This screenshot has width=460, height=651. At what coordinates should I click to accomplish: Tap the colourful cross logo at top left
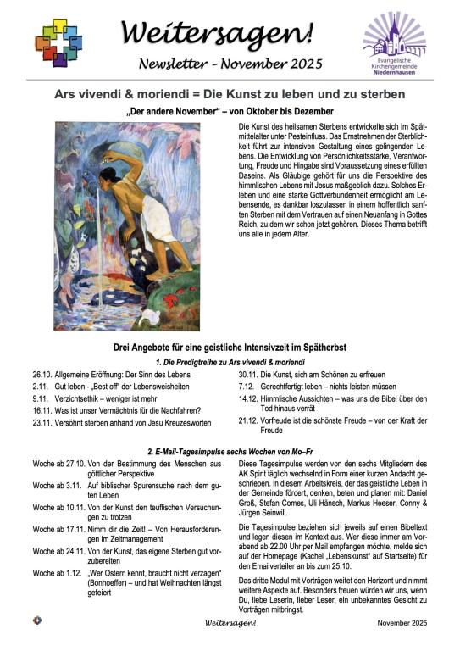click(x=58, y=42)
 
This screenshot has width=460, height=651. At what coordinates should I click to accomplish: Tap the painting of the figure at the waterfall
click(x=126, y=225)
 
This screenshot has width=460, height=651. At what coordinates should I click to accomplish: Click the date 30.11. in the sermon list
click(x=247, y=374)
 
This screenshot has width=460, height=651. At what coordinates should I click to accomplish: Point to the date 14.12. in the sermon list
click(x=247, y=398)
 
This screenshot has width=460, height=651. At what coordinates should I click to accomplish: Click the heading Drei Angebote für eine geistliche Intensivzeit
click(x=230, y=348)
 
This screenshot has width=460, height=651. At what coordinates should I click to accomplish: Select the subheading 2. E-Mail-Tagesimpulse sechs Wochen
click(x=230, y=450)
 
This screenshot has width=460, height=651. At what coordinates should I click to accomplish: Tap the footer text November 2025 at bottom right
click(x=399, y=622)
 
